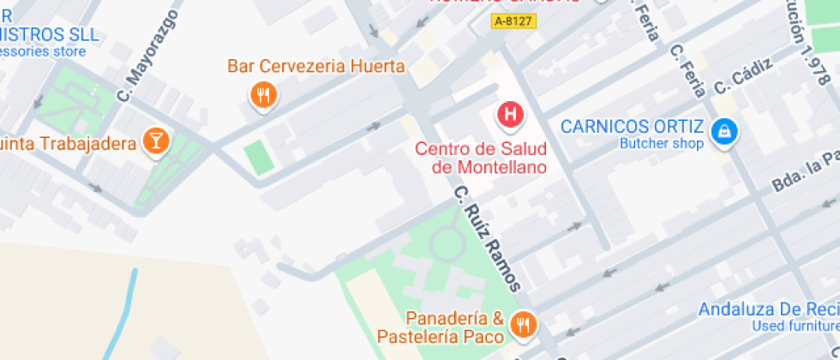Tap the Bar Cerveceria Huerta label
point(316,66)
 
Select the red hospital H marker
point(511,114)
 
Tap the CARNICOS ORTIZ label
point(633,127)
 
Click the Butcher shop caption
point(662,144)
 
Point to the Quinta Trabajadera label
point(69,142)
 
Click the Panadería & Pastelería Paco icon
point(523,324)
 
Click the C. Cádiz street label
point(744,75)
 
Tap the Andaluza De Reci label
point(768,309)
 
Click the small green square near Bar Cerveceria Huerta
point(257,158)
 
